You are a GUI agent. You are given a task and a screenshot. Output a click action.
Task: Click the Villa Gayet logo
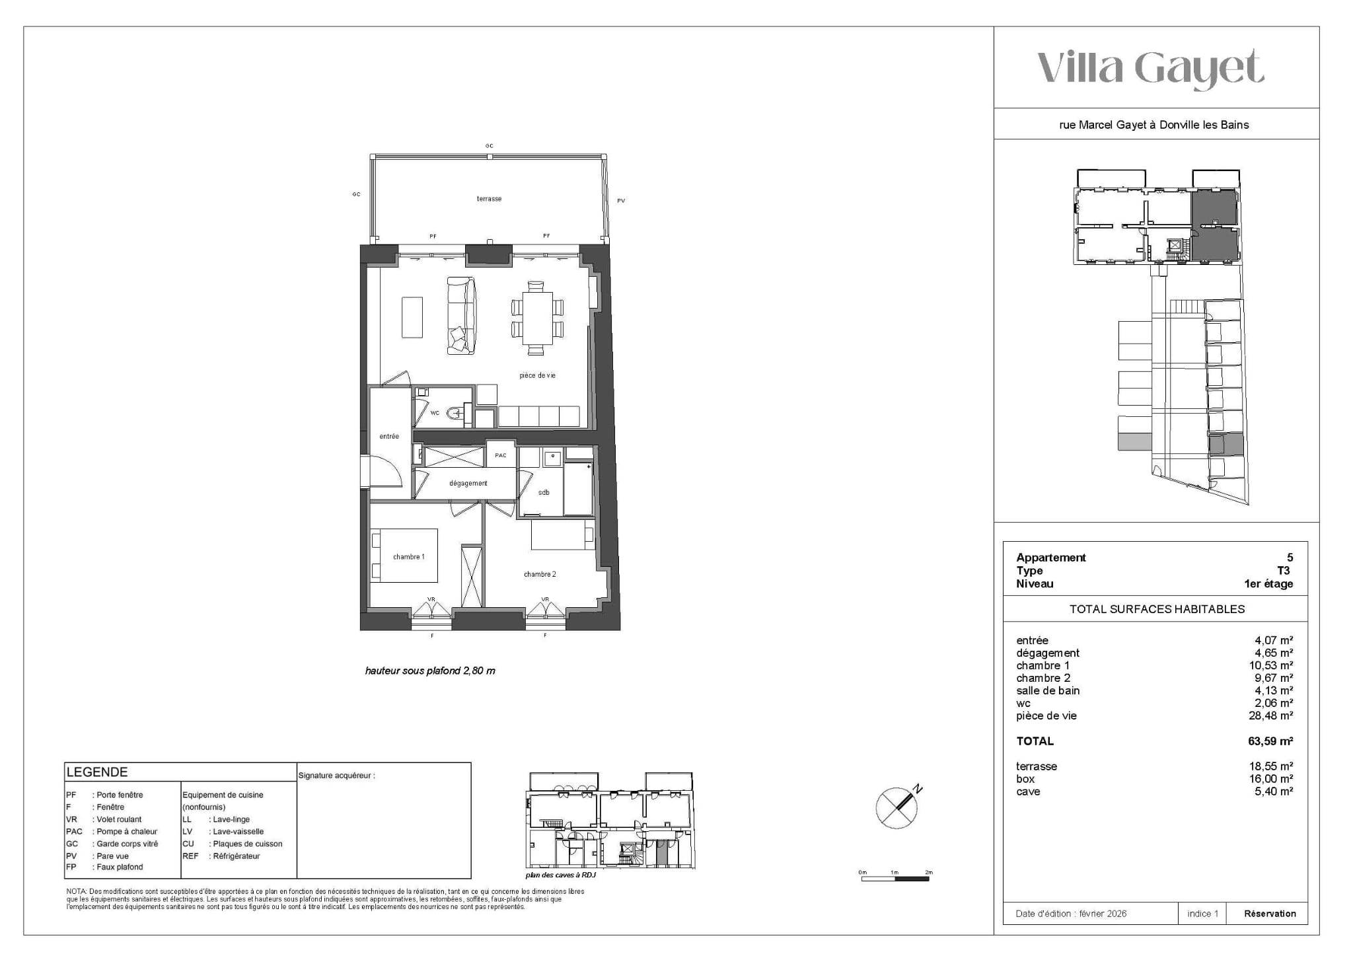[x=1150, y=69]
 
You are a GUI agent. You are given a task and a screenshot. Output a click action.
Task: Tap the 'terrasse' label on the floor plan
[x=490, y=199]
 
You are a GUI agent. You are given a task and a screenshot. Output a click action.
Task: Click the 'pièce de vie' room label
[x=537, y=375]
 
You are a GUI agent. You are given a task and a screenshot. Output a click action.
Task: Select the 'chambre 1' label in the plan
[x=409, y=557]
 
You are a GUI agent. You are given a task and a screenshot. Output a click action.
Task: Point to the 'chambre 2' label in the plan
[x=540, y=574]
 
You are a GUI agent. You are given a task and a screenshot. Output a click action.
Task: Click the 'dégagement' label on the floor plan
[x=468, y=483]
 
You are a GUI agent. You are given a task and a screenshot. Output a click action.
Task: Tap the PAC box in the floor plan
[x=501, y=455]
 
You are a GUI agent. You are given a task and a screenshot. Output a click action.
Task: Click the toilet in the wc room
[x=456, y=414]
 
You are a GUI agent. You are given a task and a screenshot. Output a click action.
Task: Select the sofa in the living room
[x=462, y=316]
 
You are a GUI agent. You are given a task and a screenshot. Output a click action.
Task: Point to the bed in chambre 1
[x=404, y=556]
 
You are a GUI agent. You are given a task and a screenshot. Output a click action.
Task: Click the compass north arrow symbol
[x=898, y=807]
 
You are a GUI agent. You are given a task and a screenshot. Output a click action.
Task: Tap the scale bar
[x=896, y=879]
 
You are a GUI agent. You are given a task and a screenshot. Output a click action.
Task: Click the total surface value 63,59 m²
[x=1270, y=741]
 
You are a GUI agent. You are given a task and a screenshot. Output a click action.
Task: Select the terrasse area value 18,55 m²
[x=1273, y=766]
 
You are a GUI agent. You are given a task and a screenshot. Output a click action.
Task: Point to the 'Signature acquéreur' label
[x=336, y=776]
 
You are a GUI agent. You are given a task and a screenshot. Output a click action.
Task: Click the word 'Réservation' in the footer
[x=1270, y=914]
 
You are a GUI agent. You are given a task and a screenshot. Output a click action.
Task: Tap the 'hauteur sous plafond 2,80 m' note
[x=430, y=671]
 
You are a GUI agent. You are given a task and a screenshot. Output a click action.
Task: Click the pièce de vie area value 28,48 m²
[x=1273, y=716]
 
